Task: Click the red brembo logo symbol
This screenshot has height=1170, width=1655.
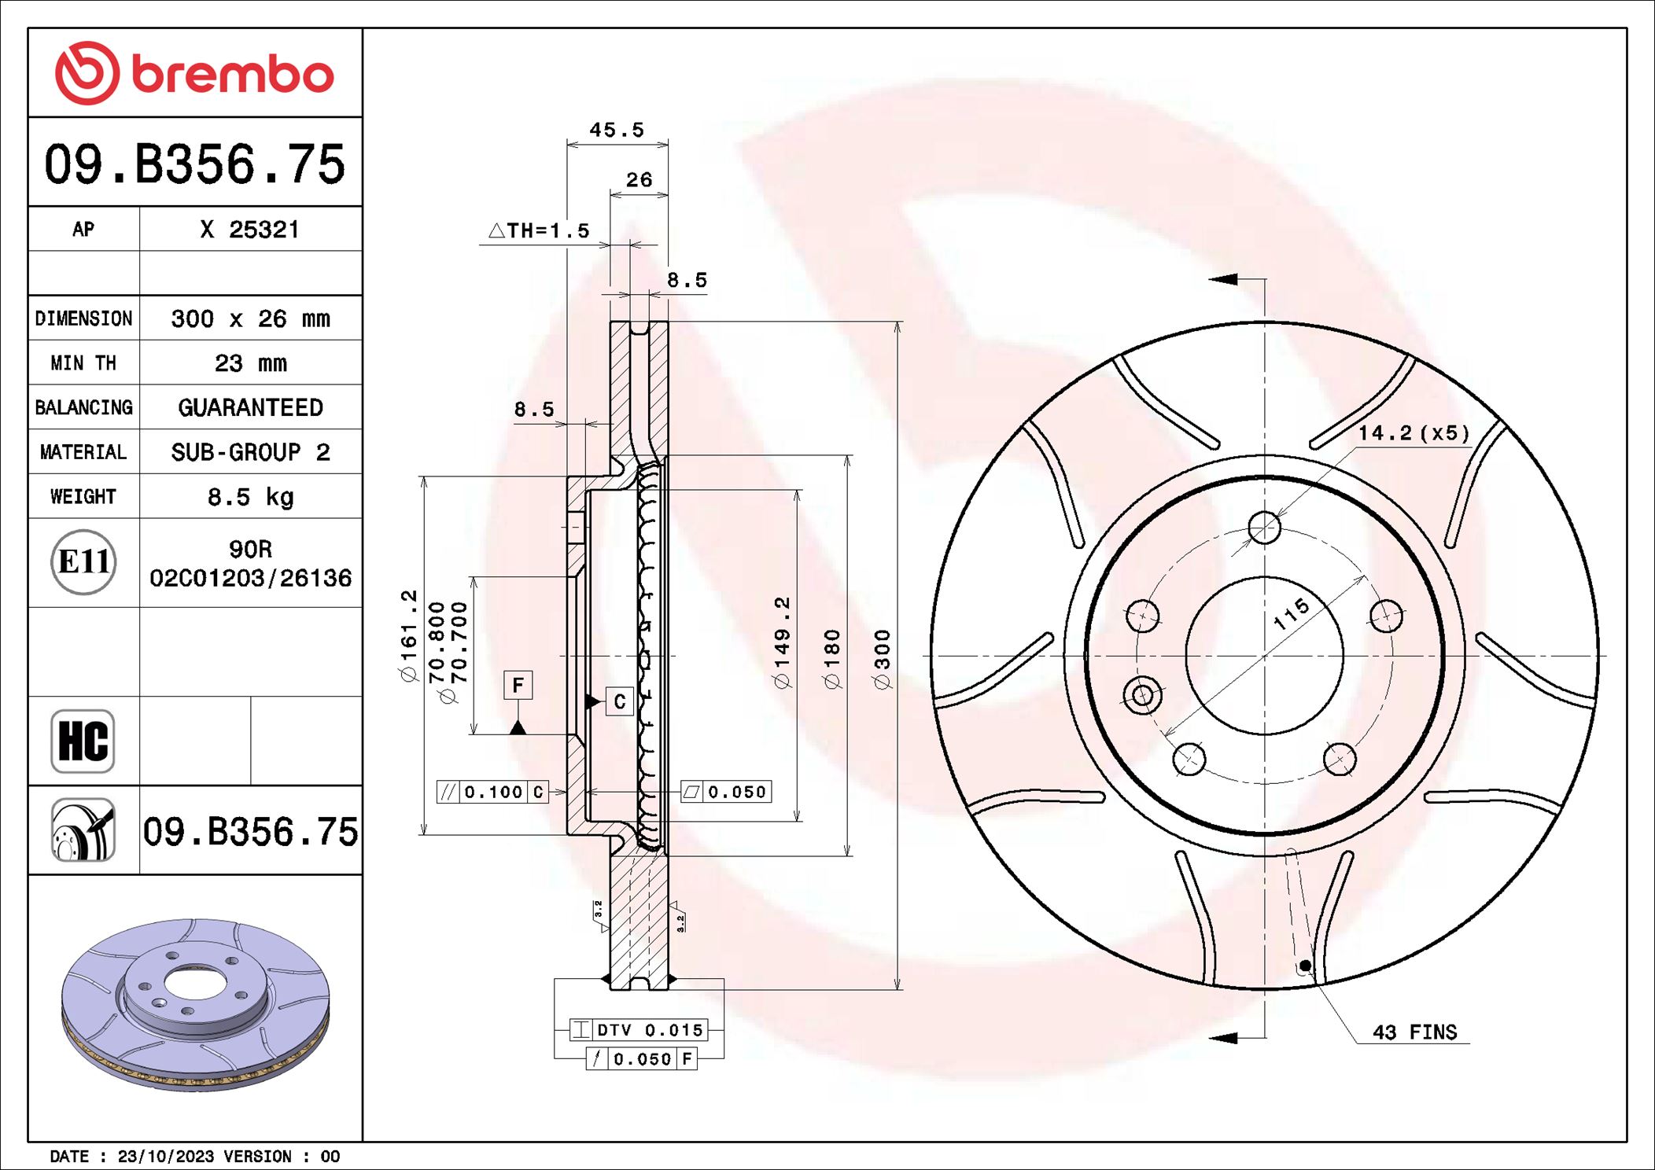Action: tap(87, 73)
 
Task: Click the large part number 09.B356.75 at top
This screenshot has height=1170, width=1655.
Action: tap(194, 164)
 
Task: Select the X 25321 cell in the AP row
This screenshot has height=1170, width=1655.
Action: tap(250, 230)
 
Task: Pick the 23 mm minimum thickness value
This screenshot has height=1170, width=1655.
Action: tap(250, 363)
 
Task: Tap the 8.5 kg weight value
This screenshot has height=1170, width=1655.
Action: tap(250, 497)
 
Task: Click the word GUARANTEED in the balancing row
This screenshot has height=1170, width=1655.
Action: tap(250, 407)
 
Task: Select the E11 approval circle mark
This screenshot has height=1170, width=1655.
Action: tap(83, 562)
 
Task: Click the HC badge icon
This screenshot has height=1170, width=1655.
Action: tap(83, 741)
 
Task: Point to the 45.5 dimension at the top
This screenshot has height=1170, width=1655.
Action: tap(617, 130)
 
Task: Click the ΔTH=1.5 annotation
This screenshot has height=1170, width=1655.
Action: tap(539, 230)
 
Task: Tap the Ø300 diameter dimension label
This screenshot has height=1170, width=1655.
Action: tap(883, 659)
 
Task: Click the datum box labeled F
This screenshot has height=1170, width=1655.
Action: tap(518, 685)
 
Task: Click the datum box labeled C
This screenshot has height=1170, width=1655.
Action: tap(619, 701)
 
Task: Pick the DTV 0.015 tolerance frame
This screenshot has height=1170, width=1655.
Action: tap(639, 1030)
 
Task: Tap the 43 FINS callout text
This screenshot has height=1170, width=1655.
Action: tap(1414, 1032)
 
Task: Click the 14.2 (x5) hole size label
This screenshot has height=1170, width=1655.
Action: tap(1414, 433)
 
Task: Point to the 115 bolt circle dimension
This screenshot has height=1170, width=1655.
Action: tap(1292, 613)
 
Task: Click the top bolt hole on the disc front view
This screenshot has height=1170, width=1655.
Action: tap(1264, 527)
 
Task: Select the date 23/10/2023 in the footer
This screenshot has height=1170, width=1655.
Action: tap(165, 1157)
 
